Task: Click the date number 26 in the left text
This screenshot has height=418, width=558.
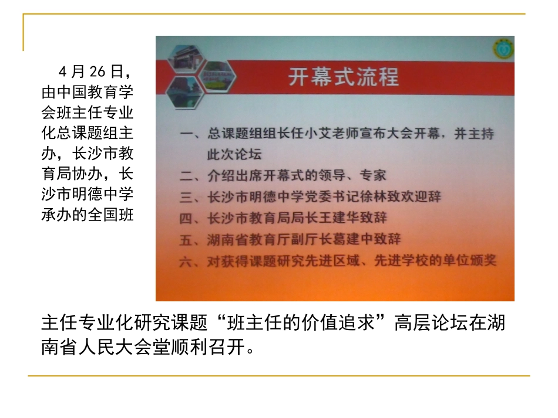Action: point(96,72)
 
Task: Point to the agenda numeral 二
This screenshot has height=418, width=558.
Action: point(186,175)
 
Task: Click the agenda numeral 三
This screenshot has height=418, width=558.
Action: point(186,197)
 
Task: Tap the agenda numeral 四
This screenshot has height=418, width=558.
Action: point(186,218)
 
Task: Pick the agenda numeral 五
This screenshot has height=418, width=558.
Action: point(186,240)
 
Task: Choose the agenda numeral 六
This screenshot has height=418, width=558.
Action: point(186,261)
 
